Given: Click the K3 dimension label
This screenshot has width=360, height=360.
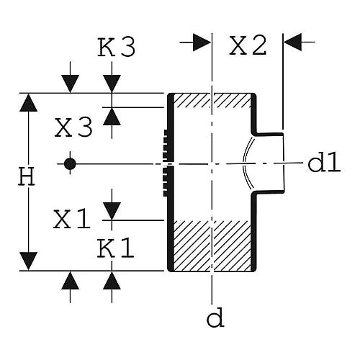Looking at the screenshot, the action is point(117,48).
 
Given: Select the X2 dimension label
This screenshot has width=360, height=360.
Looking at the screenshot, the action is point(248,45).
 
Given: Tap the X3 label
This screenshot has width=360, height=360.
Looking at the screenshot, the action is point(73,127).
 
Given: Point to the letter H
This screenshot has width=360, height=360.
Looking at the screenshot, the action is point(27,176).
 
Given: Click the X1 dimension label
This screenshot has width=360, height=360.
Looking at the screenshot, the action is point(72,219).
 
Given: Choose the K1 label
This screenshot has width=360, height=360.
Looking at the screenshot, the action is point(116,248).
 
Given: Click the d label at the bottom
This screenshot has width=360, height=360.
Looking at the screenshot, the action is point(215,317).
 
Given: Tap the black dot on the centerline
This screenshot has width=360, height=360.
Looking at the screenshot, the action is point(70,164).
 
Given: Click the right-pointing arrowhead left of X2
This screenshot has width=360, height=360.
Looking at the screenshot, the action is point(202,42).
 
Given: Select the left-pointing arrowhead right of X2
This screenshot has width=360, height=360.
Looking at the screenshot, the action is point(292,42).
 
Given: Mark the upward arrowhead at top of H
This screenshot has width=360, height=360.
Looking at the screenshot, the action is point(28,103).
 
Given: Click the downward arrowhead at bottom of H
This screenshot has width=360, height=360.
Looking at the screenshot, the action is point(28,261).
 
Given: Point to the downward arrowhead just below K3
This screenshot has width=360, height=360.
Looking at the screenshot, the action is point(112,84).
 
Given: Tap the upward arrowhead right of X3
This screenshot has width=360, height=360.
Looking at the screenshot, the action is point(112,117).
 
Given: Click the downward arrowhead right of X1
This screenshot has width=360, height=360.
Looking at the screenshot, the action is point(112,211).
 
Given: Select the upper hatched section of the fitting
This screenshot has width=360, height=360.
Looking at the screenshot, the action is point(212,101).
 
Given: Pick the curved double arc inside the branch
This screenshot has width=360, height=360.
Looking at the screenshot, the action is point(246,163).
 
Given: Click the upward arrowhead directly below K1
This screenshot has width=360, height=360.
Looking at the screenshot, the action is point(112,281).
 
